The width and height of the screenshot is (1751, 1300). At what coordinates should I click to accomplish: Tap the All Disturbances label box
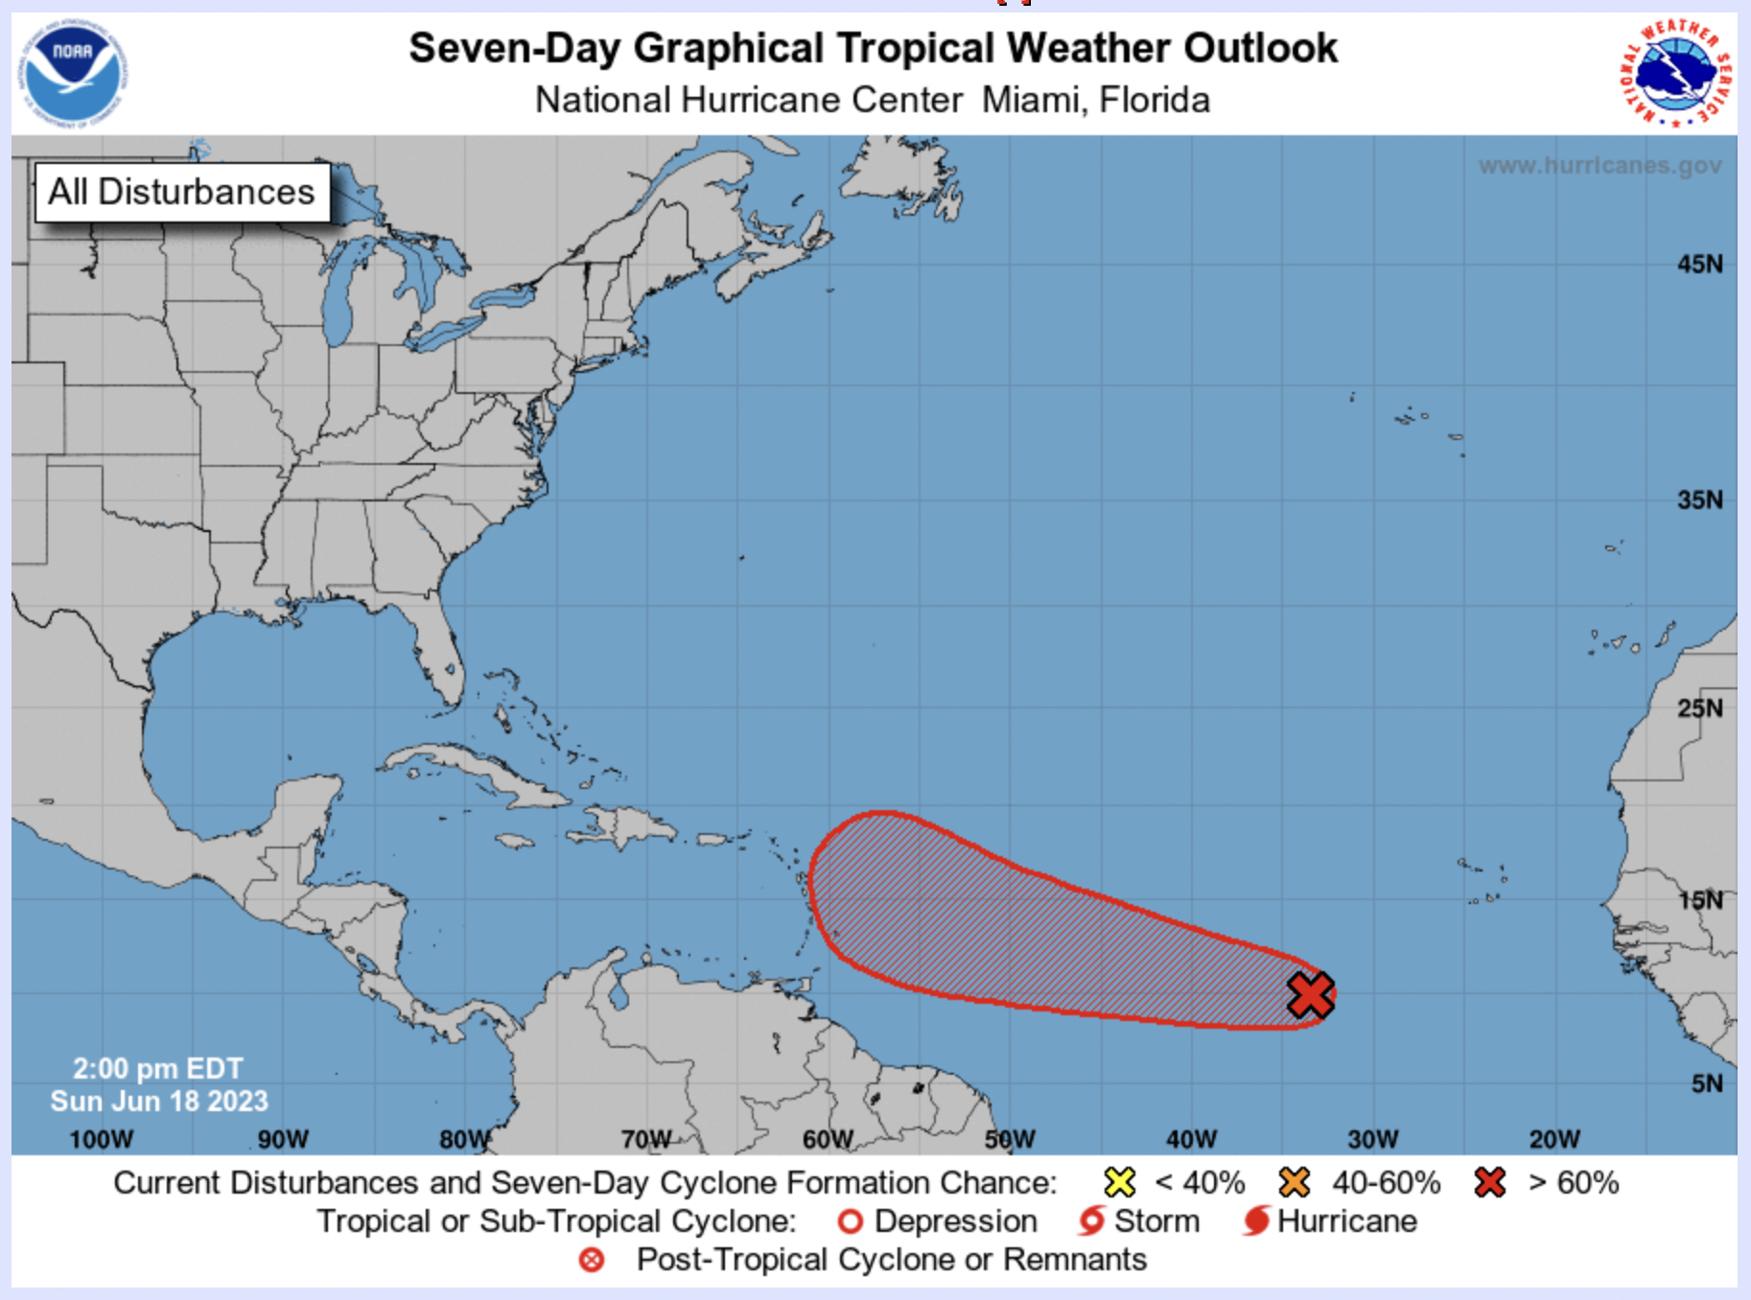pyautogui.click(x=182, y=192)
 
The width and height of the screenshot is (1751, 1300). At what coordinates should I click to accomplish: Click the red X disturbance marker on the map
pyautogui.click(x=1310, y=994)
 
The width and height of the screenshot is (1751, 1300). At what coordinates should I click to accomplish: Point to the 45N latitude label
pyautogui.click(x=1699, y=264)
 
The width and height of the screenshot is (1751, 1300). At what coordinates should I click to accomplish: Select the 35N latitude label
pyautogui.click(x=1699, y=499)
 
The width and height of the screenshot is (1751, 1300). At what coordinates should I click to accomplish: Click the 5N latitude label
pyautogui.click(x=1706, y=1083)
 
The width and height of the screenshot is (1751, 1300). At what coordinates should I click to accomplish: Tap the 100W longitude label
pyautogui.click(x=101, y=1139)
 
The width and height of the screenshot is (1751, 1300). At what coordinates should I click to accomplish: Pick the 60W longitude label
pyautogui.click(x=828, y=1139)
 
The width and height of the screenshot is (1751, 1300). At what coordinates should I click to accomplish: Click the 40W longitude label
pyautogui.click(x=1191, y=1139)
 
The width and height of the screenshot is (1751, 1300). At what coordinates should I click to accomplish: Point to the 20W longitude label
pyautogui.click(x=1553, y=1139)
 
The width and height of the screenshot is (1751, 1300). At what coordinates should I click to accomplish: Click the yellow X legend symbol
pyautogui.click(x=1119, y=1182)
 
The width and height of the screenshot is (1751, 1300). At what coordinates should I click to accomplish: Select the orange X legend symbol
pyautogui.click(x=1294, y=1182)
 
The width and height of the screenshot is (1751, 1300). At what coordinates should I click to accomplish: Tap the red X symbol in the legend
pyautogui.click(x=1489, y=1182)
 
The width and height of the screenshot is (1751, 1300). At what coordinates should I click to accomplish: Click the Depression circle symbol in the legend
pyautogui.click(x=850, y=1221)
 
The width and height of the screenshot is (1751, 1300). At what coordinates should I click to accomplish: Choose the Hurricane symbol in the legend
pyautogui.click(x=1256, y=1221)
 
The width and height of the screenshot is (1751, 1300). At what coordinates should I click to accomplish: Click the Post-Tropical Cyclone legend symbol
pyautogui.click(x=592, y=1260)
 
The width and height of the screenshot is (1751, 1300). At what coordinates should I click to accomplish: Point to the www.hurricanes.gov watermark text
pyautogui.click(x=1599, y=166)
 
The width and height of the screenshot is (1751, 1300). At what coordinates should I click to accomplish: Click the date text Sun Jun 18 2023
pyautogui.click(x=159, y=1101)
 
